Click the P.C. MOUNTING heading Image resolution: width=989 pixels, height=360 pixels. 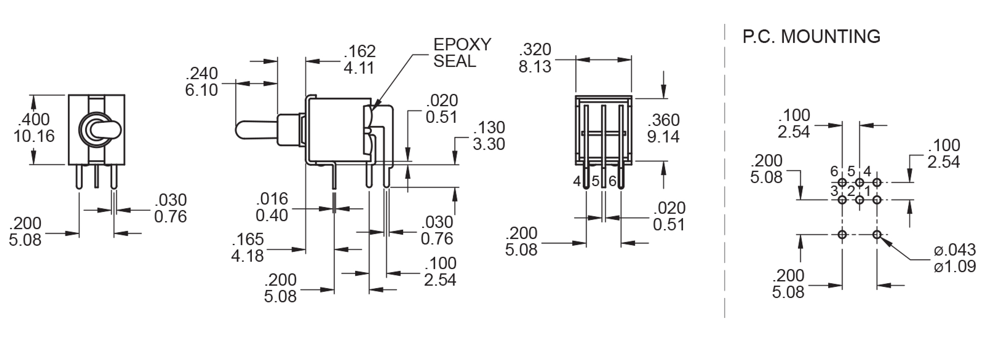coord(811,37)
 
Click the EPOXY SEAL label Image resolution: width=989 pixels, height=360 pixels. coord(462,53)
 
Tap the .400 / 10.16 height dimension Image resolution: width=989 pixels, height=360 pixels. coord(34,128)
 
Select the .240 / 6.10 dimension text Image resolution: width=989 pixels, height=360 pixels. coord(201,82)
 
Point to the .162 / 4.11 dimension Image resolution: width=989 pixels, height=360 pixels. coord(359,59)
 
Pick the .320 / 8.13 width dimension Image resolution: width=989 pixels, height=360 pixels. coord(535,58)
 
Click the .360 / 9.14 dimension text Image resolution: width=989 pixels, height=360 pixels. coord(663,128)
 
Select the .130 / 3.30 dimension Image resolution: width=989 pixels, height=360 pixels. coord(488,136)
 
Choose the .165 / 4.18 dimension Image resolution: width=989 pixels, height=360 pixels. coord(248,247)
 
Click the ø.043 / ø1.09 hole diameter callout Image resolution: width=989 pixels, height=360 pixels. coord(954,258)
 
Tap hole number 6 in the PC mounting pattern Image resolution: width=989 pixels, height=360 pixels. coord(842,182)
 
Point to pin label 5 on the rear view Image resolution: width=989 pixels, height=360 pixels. coord(595,181)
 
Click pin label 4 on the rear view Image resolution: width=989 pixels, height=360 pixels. coord(577,181)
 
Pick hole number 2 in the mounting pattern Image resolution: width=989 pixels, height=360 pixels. coord(860,200)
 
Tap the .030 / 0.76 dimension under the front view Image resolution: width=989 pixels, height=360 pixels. coord(170,208)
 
